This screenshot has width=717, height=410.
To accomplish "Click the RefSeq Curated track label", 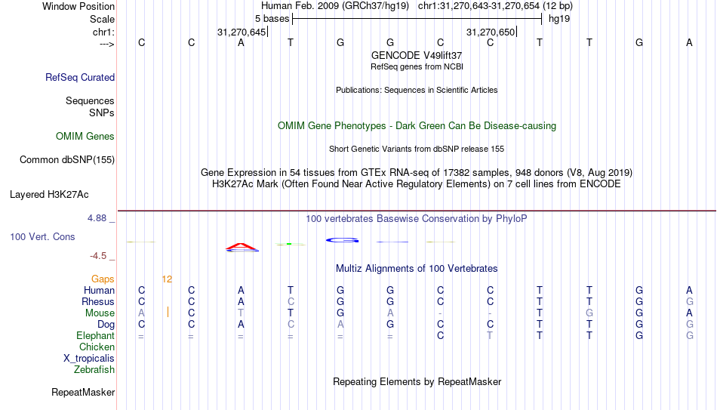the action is pyautogui.click(x=80, y=77).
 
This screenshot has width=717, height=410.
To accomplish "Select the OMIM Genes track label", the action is pyautogui.click(x=85, y=137).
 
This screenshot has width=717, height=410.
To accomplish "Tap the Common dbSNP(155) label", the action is pyautogui.click(x=67, y=160).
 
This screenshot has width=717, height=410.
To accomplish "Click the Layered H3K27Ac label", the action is pyautogui.click(x=49, y=195).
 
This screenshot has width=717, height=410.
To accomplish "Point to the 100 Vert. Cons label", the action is pyautogui.click(x=42, y=236).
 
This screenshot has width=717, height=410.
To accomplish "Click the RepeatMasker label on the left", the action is pyautogui.click(x=83, y=392).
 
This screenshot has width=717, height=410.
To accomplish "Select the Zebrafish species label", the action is pyautogui.click(x=94, y=369).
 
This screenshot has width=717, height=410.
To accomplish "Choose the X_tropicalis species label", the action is pyautogui.click(x=89, y=359).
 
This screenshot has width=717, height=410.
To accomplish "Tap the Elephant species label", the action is pyautogui.click(x=95, y=335).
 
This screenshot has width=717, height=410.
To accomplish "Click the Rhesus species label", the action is pyautogui.click(x=98, y=301).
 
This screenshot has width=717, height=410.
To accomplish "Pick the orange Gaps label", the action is pyautogui.click(x=103, y=279).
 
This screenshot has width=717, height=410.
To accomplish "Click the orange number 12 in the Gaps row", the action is pyautogui.click(x=167, y=279).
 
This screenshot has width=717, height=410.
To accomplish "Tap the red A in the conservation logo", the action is pyautogui.click(x=242, y=247).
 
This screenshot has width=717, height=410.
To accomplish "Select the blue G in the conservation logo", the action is pyautogui.click(x=342, y=240).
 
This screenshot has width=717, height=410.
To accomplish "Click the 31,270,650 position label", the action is pyautogui.click(x=491, y=32).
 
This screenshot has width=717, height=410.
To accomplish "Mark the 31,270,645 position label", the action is pyautogui.click(x=242, y=32).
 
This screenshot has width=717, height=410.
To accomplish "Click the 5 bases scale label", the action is pyautogui.click(x=272, y=19).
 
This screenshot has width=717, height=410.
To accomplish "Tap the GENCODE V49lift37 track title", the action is pyautogui.click(x=417, y=55).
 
